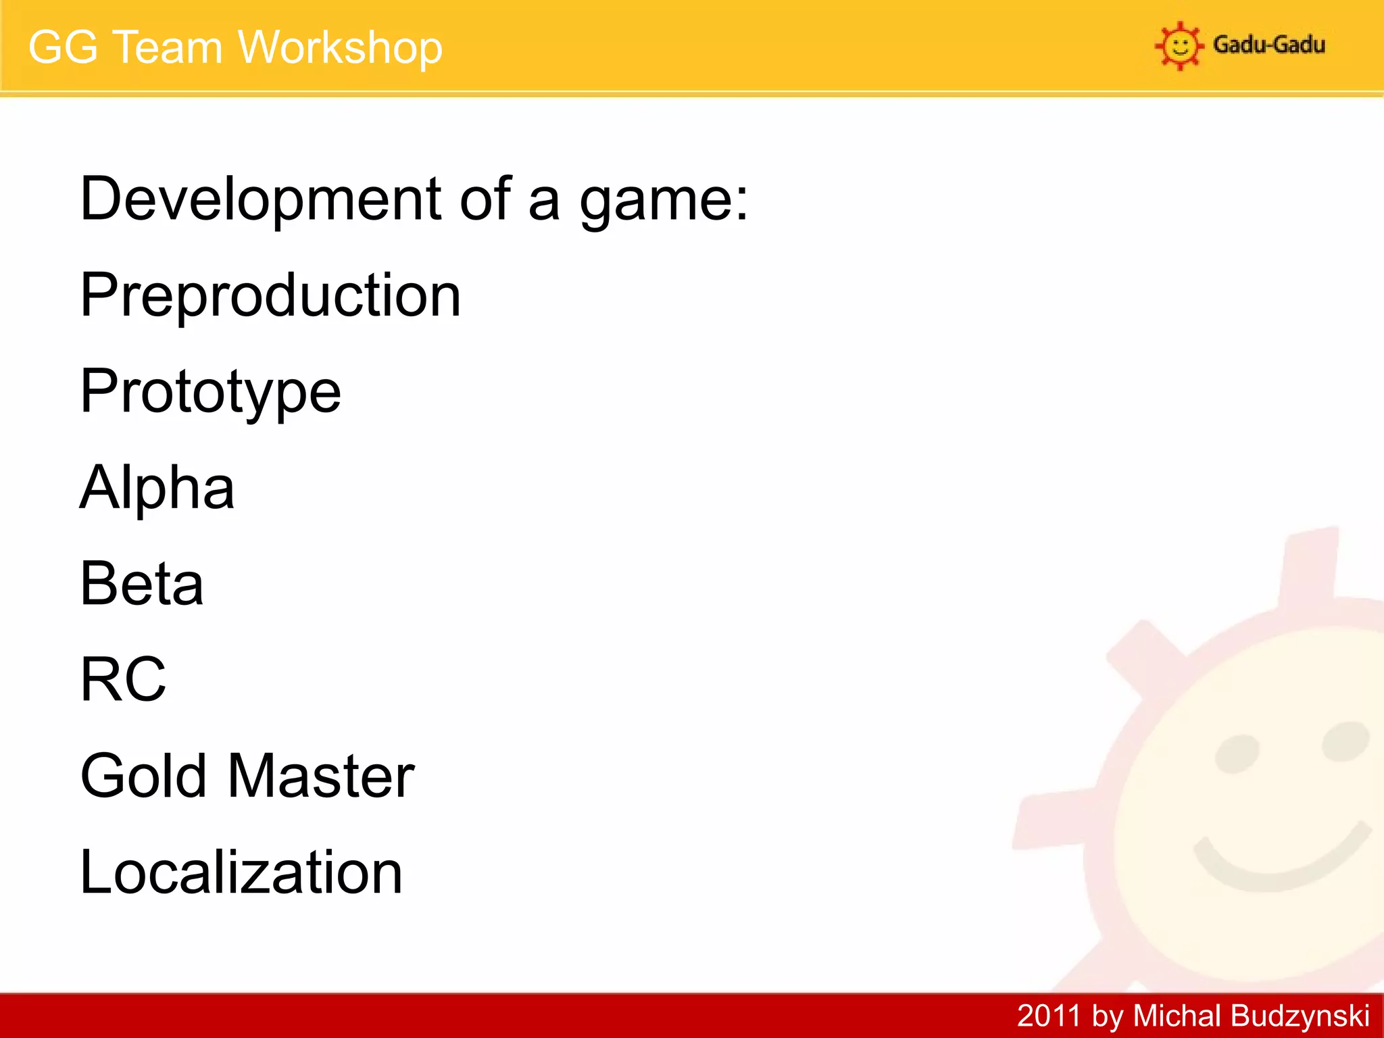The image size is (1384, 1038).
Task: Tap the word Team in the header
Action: coord(167,48)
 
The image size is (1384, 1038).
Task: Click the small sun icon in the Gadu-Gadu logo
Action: coord(1179,46)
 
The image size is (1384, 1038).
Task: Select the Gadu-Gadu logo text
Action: coord(1268,45)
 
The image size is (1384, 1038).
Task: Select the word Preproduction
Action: coord(270,295)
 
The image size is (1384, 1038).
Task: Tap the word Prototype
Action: coord(210,392)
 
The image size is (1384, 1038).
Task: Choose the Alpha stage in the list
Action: coord(157,487)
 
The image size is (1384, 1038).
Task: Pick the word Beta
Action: coord(141,583)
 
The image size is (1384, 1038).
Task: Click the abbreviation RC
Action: coord(123,679)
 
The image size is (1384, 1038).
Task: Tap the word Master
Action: coord(321,776)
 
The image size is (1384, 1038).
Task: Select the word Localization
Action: coord(241,872)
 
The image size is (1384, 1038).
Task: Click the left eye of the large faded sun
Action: coord(1237,753)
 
